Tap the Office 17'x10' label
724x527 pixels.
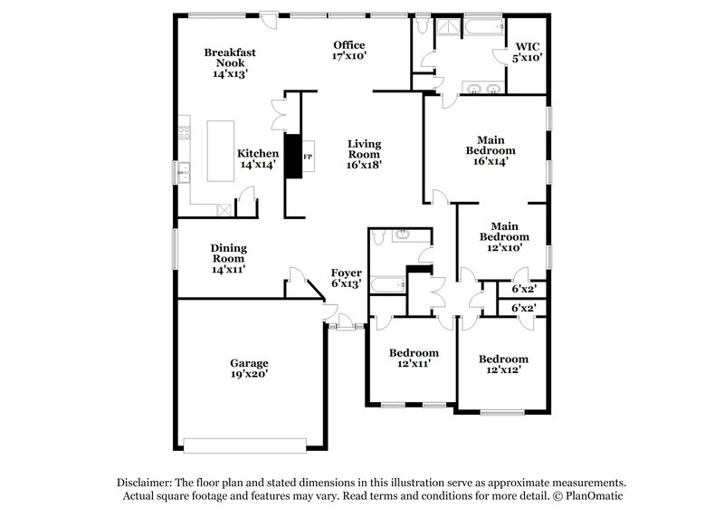348,51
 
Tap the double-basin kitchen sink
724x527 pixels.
184,170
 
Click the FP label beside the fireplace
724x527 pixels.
308,158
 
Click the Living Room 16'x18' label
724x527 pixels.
364,154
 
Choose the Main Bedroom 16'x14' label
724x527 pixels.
491,150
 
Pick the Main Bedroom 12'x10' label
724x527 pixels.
503,235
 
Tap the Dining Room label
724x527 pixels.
229,258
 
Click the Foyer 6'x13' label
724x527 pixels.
346,278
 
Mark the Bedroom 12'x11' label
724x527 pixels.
414,358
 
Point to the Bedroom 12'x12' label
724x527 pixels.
503,364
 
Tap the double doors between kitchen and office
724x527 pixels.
278,118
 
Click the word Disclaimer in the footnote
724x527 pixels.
147,483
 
